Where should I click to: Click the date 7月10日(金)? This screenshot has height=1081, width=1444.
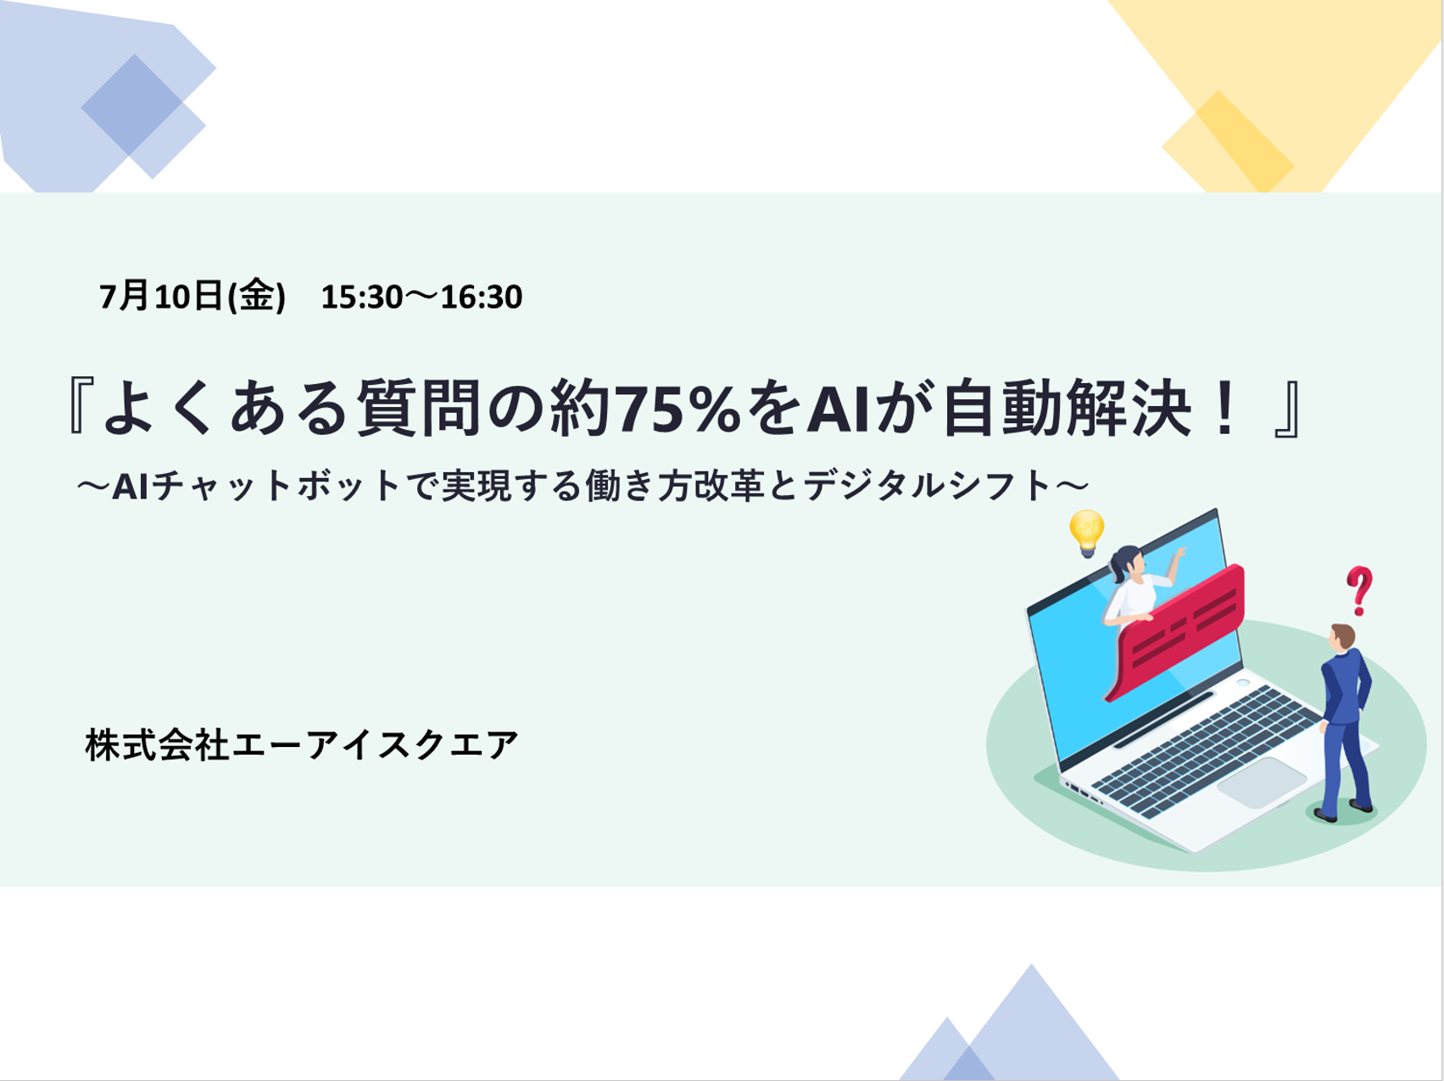192,297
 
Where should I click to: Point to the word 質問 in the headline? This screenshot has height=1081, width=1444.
417,409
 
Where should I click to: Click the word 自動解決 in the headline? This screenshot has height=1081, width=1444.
1060,409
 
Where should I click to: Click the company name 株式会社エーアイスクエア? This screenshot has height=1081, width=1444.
302,745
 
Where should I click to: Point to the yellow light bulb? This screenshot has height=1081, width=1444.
1086,532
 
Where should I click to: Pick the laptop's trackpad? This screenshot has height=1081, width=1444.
1262,782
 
